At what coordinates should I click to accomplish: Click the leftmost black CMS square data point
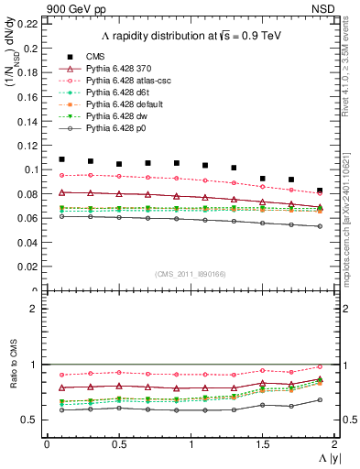pos(61,159)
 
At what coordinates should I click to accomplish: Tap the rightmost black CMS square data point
pos(320,191)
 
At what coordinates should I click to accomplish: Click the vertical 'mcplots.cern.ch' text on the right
pos(351,211)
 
